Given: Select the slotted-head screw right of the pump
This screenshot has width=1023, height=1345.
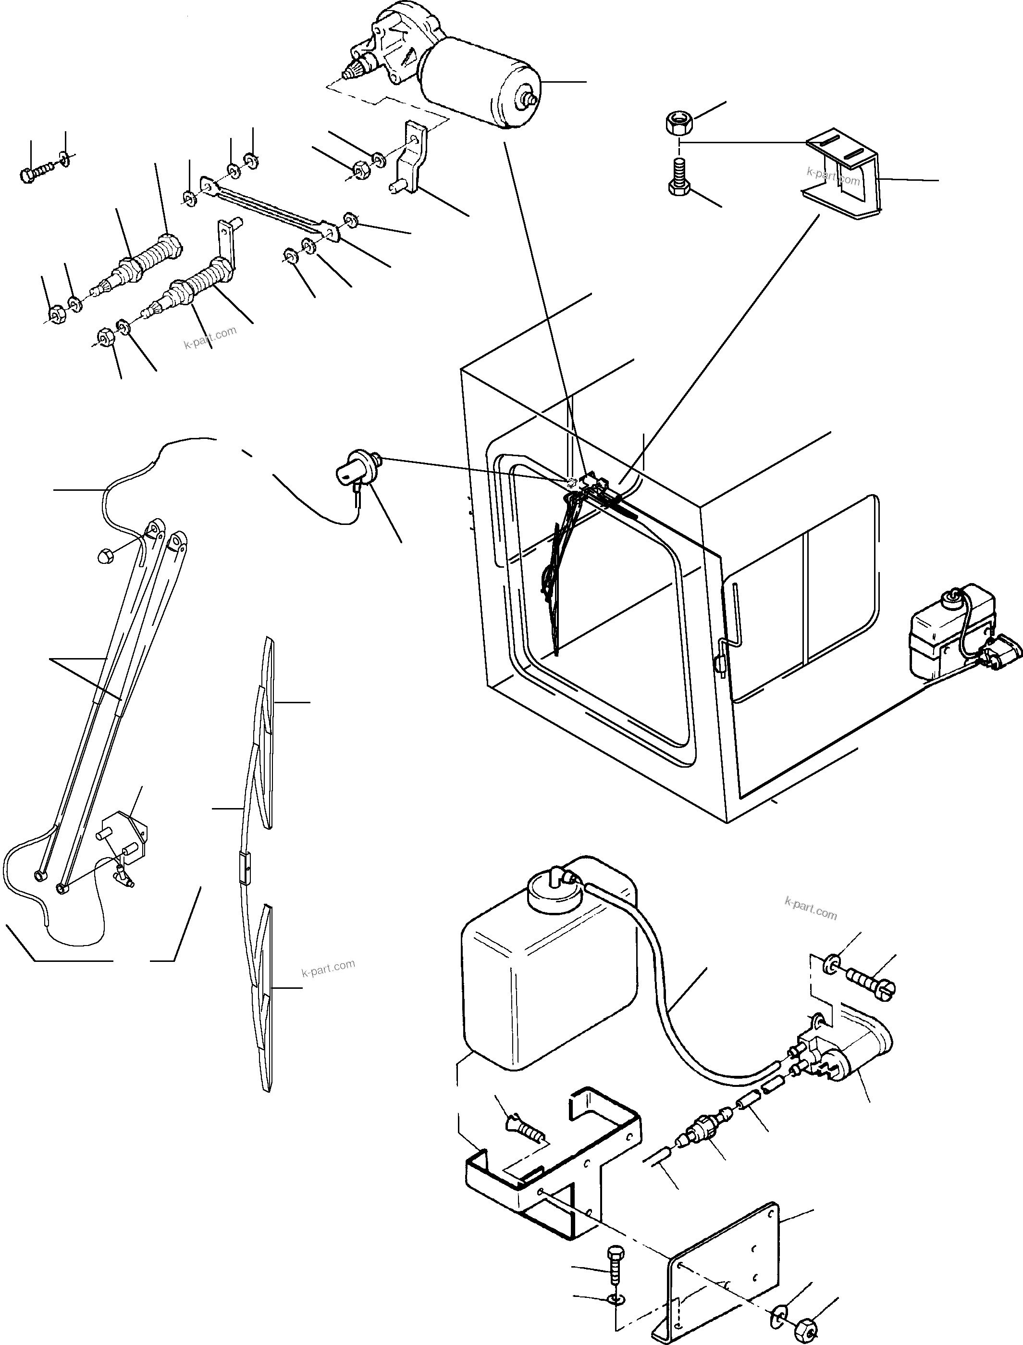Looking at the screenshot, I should [x=871, y=982].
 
